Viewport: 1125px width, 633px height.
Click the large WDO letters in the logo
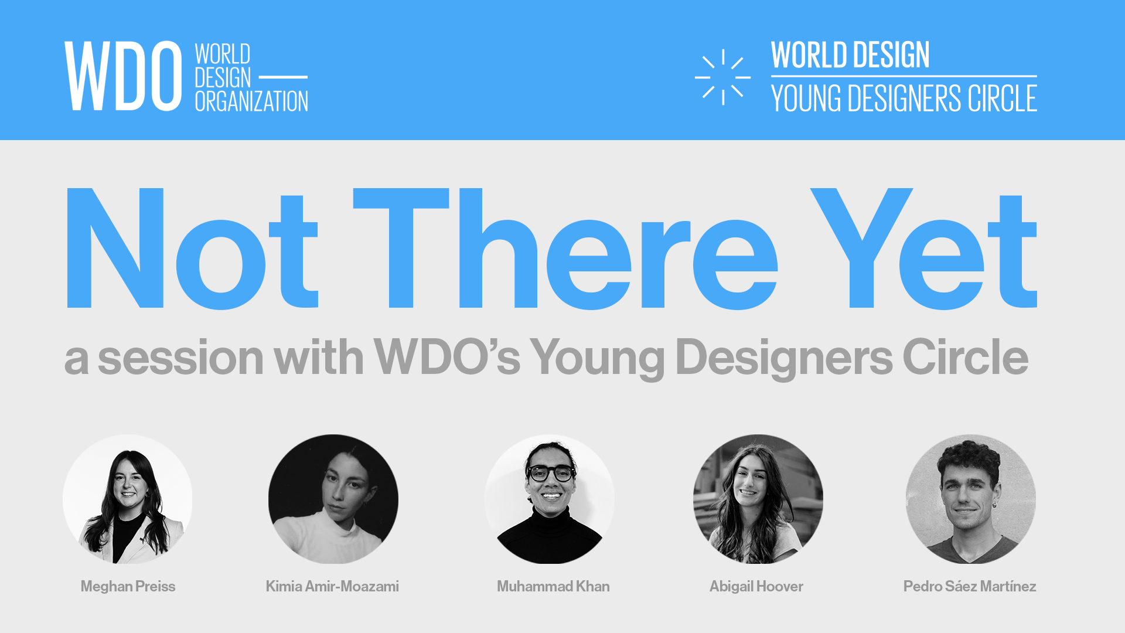[123, 76]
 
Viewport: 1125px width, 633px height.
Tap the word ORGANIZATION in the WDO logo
[251, 101]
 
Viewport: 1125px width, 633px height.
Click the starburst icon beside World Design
[722, 77]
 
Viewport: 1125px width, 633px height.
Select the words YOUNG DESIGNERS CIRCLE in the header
[904, 98]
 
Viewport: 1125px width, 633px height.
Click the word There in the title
[565, 249]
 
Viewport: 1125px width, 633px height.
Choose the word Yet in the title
[923, 249]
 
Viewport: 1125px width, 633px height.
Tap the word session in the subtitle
[180, 358]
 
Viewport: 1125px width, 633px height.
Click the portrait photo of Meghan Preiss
[128, 499]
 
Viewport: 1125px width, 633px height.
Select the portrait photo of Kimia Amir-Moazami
[333, 499]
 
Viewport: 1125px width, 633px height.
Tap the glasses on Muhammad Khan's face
[551, 472]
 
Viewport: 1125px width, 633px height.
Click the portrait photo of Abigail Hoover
[758, 499]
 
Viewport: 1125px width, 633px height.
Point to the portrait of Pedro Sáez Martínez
[970, 499]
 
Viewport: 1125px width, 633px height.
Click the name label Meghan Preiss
[128, 586]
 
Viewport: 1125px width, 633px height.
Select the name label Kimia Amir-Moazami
[332, 586]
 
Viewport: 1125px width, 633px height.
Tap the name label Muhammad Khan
[553, 586]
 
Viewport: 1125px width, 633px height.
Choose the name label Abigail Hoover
[756, 586]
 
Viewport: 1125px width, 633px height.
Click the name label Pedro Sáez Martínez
[970, 586]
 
